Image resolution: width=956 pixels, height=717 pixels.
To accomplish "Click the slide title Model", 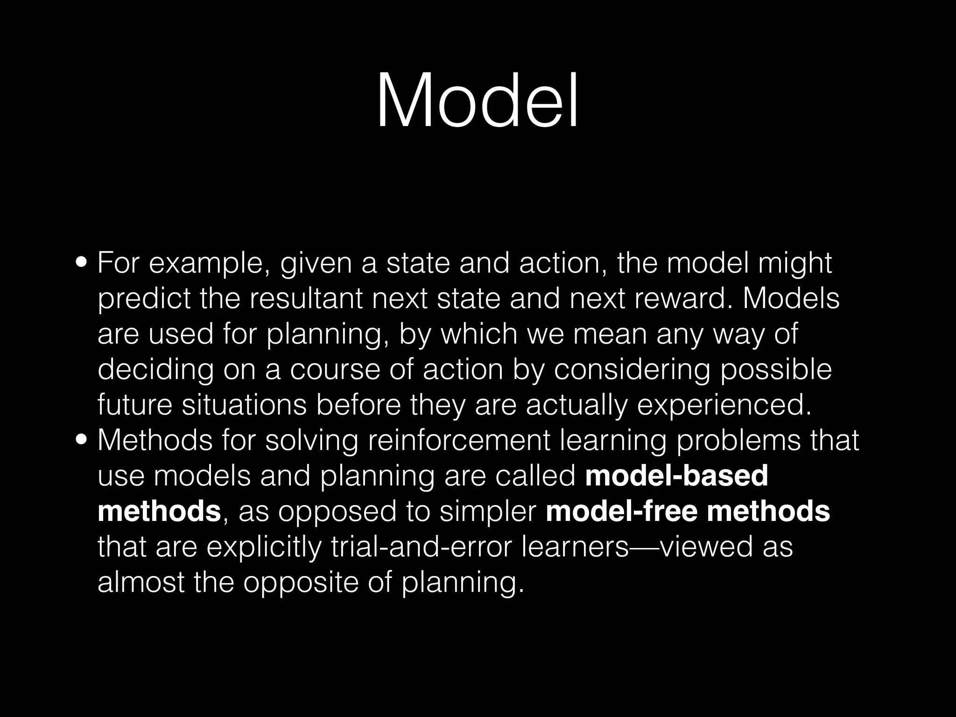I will pos(477,100).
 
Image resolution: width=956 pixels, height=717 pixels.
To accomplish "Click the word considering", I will pos(632,370).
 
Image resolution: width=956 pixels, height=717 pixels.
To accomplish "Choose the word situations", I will pos(244,405).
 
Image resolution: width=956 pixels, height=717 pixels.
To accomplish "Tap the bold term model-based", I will pos(676,476).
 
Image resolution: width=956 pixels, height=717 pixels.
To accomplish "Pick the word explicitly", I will pos(264,547).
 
